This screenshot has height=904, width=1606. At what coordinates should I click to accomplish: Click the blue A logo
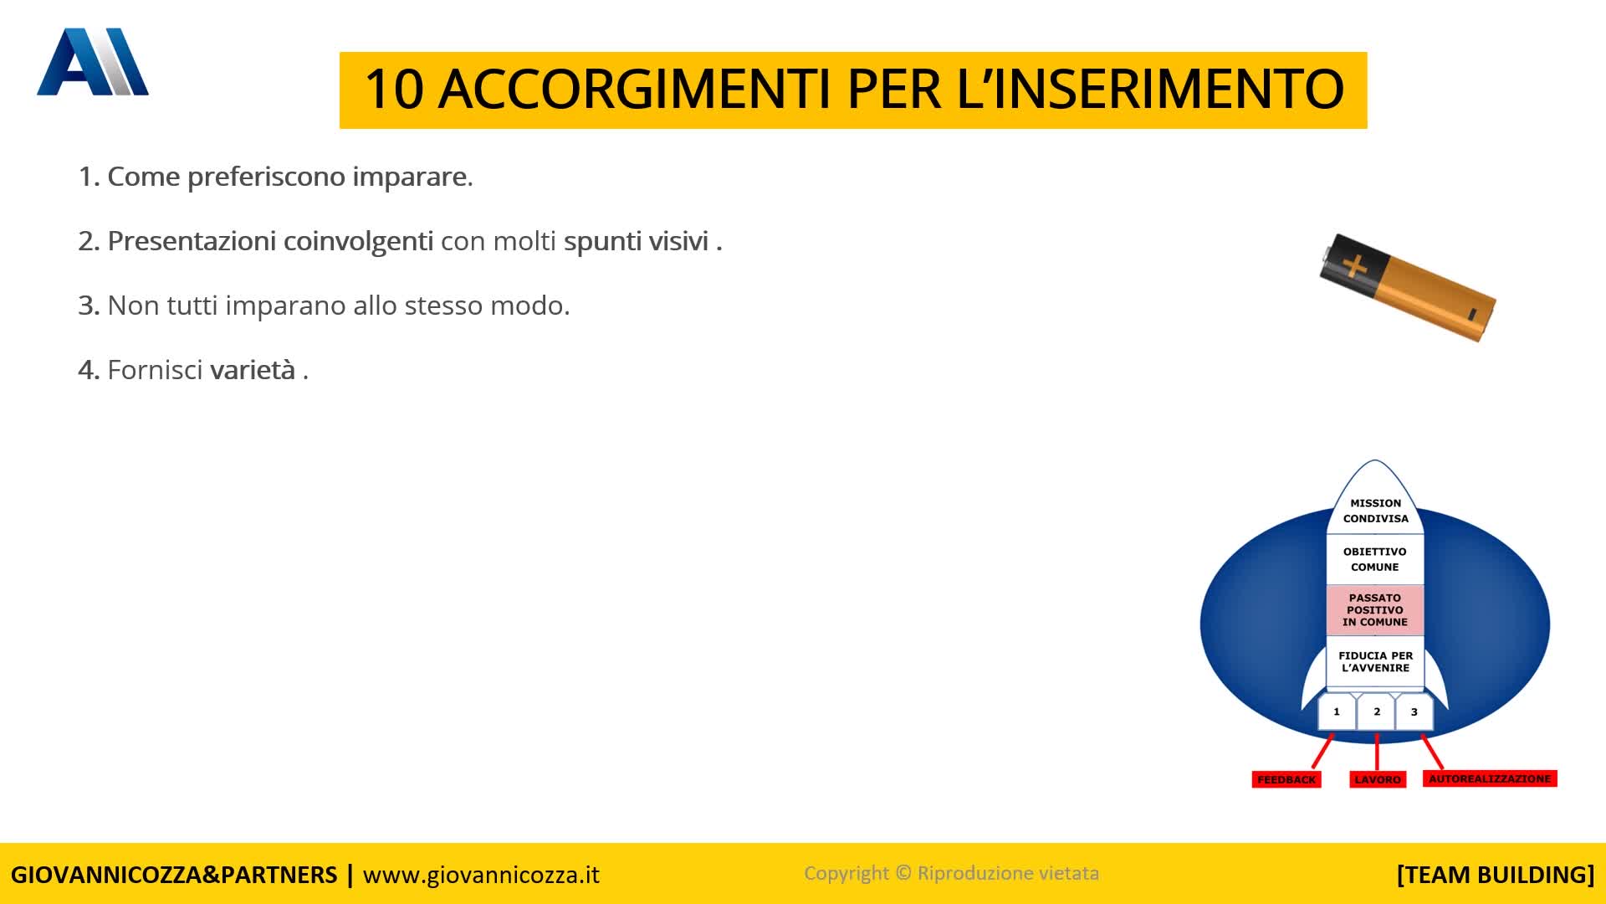tap(93, 62)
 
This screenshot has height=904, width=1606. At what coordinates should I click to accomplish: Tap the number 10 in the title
tap(393, 89)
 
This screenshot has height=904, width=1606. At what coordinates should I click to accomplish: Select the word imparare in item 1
tap(412, 177)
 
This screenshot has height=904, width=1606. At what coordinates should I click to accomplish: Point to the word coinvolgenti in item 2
tap(358, 242)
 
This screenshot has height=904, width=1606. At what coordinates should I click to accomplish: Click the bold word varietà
tap(253, 370)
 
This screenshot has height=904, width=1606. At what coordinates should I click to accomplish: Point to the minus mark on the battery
tap(1472, 314)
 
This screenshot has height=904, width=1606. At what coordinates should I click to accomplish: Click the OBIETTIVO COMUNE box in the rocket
tap(1375, 559)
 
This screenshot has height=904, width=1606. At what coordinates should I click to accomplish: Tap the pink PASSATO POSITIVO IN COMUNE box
tap(1375, 610)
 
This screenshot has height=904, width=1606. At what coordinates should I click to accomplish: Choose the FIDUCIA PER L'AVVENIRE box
tap(1375, 661)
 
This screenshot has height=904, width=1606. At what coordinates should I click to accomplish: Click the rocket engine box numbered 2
tap(1376, 712)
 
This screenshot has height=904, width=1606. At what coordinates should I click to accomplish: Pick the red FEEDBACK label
tap(1286, 779)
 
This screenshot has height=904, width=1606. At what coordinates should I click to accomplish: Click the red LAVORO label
tap(1378, 779)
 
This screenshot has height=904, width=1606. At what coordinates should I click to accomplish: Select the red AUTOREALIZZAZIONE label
tap(1490, 778)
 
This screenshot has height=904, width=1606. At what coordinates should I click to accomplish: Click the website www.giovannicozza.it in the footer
tap(481, 875)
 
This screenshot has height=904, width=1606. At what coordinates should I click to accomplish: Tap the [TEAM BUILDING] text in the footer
tap(1496, 875)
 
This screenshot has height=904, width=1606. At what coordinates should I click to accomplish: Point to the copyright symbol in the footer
tap(903, 873)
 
